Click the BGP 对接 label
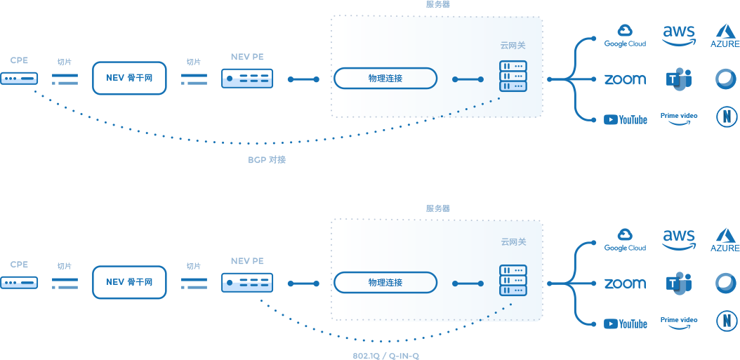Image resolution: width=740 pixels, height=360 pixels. pos(267,159)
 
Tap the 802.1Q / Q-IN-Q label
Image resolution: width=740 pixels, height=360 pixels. pos(385,356)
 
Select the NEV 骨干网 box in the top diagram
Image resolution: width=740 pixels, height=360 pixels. pos(129,78)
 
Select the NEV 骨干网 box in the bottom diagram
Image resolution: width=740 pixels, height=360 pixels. pos(129,282)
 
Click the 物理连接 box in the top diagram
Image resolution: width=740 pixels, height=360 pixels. pos(385,79)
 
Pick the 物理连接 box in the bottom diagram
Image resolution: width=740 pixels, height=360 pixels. pos(385,283)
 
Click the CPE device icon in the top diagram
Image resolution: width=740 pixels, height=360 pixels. pos(19,79)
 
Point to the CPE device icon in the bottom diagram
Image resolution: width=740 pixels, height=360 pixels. pos(19,283)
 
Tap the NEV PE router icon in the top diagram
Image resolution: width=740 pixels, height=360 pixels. pos(247,79)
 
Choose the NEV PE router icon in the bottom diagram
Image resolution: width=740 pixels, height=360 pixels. pos(247,283)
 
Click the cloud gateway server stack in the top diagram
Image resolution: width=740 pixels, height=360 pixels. pos(513,76)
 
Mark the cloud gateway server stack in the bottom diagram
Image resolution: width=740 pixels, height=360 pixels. pos(513,280)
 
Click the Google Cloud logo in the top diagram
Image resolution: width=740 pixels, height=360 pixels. pos(626,36)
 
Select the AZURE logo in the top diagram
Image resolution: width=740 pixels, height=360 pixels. pos(725,36)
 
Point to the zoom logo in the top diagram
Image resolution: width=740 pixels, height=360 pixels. pos(626,79)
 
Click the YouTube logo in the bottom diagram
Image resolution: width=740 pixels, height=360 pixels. pos(626,324)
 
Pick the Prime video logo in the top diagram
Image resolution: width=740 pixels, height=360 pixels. pos(679,118)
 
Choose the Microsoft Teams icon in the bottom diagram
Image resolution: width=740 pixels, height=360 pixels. pos(679,284)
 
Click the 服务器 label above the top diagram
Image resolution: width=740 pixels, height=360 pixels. pos(437,4)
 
